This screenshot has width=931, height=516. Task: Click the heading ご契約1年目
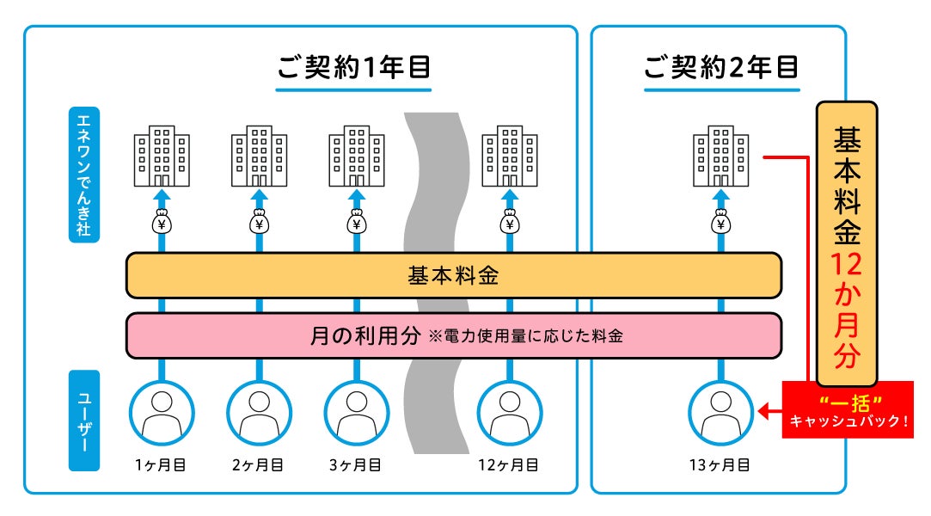pyautogui.click(x=353, y=67)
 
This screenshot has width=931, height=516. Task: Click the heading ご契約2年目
pyautogui.click(x=721, y=67)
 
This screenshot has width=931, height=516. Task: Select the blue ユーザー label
pyautogui.click(x=84, y=420)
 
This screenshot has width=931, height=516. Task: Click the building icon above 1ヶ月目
pyautogui.click(x=161, y=157)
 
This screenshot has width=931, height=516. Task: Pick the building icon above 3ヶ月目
pyautogui.click(x=357, y=157)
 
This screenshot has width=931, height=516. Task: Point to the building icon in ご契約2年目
pyautogui.click(x=721, y=157)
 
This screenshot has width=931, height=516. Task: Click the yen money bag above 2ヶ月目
pyautogui.click(x=259, y=224)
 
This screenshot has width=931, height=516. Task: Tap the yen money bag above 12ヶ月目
pyautogui.click(x=510, y=224)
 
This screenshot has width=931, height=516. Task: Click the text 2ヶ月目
pyautogui.click(x=259, y=465)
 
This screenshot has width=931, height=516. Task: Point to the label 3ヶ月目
pyautogui.click(x=357, y=465)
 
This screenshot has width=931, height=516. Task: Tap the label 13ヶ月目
pyautogui.click(x=720, y=465)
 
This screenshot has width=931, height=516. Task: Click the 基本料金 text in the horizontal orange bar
pyautogui.click(x=453, y=277)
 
